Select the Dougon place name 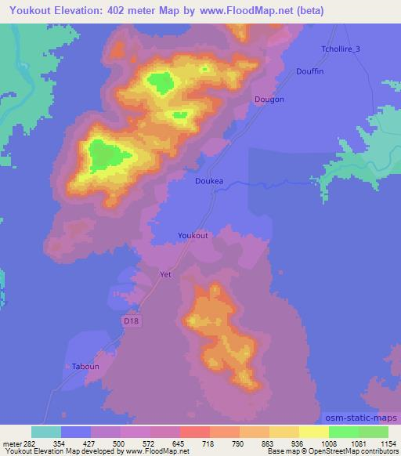(269, 100)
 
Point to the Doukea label (209, 180)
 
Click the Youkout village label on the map (193, 235)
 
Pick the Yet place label (165, 275)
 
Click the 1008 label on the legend (314, 443)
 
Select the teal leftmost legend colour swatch (46, 431)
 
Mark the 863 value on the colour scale (255, 443)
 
